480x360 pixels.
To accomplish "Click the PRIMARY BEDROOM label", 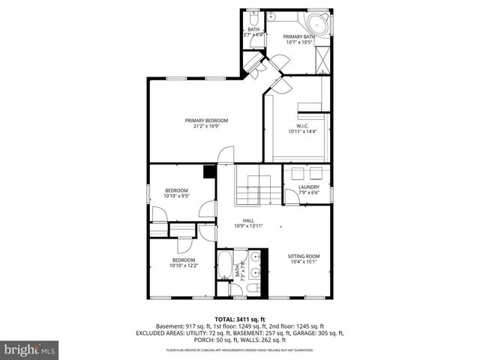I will point(207,121).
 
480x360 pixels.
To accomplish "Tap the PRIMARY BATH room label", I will point(299,36).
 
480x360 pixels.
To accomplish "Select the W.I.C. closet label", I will point(303,126).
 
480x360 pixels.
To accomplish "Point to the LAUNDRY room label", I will point(309,187).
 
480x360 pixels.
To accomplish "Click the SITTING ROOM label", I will point(304,256).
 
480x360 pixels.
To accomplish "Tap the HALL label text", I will point(248,220).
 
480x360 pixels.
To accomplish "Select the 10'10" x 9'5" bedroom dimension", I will point(176,196).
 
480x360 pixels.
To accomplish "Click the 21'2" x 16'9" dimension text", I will point(207,127).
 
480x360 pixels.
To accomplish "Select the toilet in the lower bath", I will point(253,287).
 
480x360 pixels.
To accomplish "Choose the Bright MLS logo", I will point(30,350).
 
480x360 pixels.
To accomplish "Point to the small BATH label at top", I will point(253,29).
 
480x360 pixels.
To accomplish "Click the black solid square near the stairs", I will point(210,172).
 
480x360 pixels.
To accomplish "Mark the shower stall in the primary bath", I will point(323,58).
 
